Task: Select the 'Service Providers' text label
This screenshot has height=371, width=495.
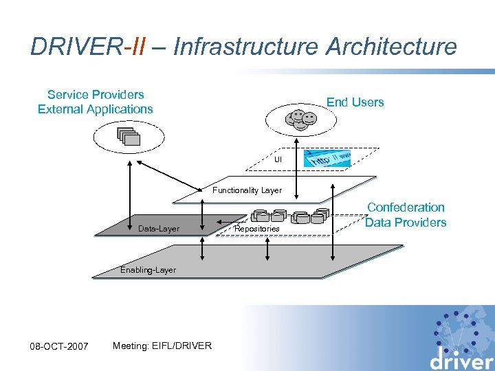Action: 96,94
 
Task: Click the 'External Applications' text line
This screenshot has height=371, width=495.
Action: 96,109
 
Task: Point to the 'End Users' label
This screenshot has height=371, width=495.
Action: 355,102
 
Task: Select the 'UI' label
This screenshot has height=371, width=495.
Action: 278,159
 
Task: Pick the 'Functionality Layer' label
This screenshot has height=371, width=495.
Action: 247,190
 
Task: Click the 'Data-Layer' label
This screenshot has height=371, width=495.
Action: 159,228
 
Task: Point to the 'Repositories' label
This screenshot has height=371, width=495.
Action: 257,228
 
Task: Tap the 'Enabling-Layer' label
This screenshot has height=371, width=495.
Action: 148,270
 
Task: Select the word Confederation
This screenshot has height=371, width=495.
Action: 406,207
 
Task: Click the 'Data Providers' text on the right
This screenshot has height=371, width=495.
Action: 406,222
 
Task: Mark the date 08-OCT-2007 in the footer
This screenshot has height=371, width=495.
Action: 59,346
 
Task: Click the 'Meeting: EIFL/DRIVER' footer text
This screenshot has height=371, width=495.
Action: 162,345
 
